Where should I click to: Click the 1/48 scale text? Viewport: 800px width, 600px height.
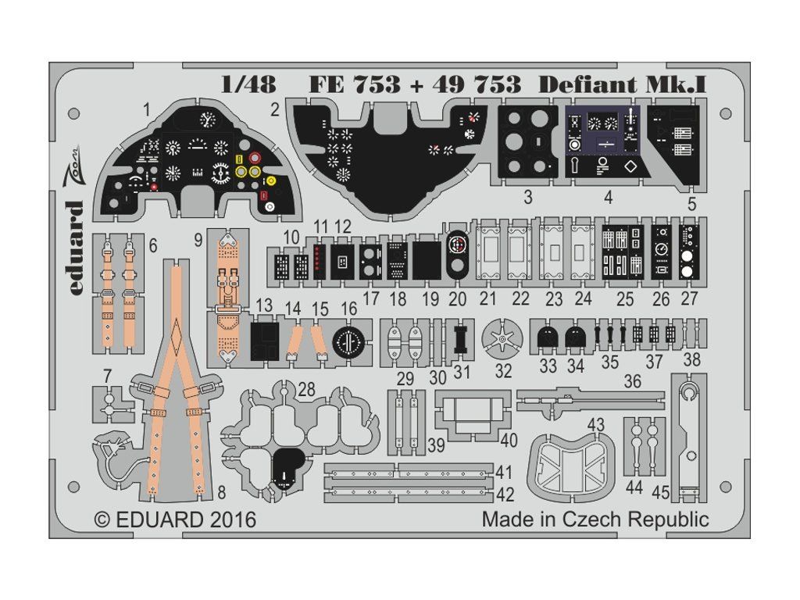[x=249, y=84]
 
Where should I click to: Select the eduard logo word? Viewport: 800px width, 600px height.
[x=74, y=248]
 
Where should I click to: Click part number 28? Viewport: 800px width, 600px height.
[x=305, y=390]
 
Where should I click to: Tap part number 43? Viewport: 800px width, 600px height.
[x=595, y=425]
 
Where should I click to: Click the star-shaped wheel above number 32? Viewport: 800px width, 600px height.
[x=502, y=339]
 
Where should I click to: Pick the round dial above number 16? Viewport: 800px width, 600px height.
[x=348, y=341]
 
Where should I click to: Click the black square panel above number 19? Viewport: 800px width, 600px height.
[x=427, y=259]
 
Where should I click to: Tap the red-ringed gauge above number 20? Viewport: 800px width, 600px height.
[x=456, y=245]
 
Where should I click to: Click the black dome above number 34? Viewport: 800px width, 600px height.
[x=576, y=337]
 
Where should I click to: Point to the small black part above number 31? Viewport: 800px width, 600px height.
[x=462, y=338]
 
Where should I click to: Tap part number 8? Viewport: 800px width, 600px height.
[x=221, y=493]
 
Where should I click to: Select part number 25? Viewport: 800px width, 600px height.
[x=624, y=299]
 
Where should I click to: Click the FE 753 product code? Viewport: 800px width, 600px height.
[x=355, y=84]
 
